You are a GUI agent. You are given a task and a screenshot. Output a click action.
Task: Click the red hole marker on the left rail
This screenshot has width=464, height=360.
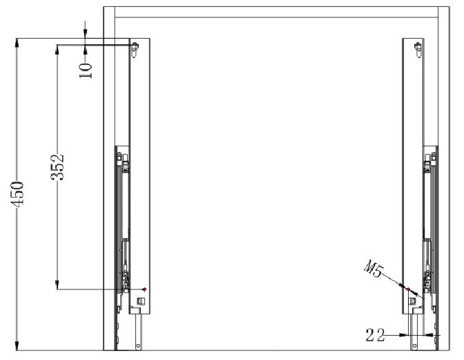click(144, 289)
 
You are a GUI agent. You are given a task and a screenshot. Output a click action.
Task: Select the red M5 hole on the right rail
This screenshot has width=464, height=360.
click(408, 289)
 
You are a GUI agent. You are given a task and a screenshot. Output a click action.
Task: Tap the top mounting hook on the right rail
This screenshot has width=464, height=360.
click(417, 48)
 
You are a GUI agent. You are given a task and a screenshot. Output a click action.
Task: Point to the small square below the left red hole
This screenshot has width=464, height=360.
click(142, 301)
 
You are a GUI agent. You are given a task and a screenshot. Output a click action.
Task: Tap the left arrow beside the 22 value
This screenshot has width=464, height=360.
click(403, 335)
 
